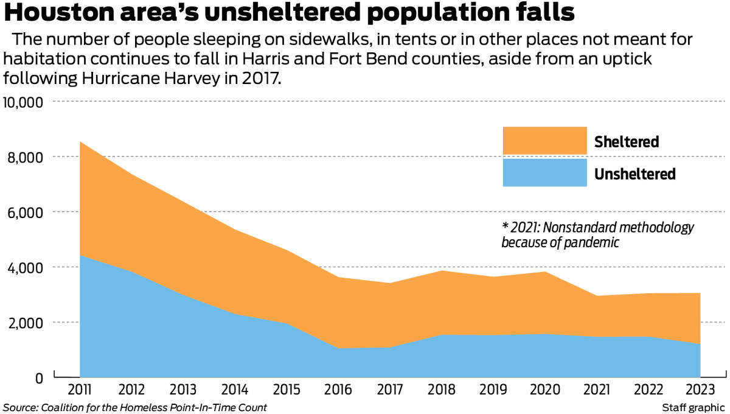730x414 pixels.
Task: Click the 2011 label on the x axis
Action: pos(80,390)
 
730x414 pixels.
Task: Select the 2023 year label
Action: pos(700,390)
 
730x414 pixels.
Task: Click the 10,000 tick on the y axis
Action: pos(23,102)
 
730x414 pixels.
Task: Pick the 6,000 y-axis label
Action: pos(26,212)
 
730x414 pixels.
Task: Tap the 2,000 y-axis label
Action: pos(26,323)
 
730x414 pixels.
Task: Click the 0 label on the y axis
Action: pos(39,378)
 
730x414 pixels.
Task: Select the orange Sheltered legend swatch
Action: pos(544,141)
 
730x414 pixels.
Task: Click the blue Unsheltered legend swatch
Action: pos(544,173)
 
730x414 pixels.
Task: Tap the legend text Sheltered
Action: pos(627,142)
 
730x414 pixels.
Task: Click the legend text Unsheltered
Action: pos(634,174)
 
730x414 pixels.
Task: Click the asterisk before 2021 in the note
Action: pos(505,226)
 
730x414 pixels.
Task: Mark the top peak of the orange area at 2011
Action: pos(80,142)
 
